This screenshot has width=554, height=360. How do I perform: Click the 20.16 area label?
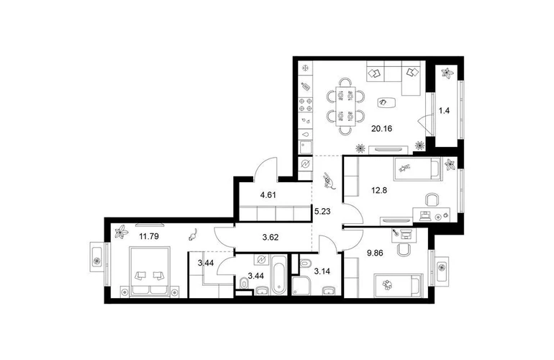click(381, 128)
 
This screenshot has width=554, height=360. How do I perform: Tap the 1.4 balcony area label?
click(444, 111)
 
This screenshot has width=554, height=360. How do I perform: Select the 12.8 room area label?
click(379, 190)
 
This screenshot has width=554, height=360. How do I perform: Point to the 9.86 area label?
click(375, 253)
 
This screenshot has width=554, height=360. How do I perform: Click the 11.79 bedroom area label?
click(149, 236)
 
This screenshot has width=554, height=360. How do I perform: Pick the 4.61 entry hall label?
click(268, 194)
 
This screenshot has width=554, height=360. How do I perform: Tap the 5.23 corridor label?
click(322, 212)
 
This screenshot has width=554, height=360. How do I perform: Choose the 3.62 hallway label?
click(271, 238)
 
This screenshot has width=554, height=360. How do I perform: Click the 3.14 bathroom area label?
click(322, 271)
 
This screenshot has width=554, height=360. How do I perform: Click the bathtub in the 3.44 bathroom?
click(278, 275)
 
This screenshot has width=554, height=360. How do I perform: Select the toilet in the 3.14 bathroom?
click(304, 264)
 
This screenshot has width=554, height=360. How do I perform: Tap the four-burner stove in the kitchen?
click(306, 104)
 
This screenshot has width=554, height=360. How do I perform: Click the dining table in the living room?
click(345, 106)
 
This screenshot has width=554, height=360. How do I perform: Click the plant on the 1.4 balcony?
click(448, 73)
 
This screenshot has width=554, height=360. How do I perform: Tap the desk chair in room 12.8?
click(432, 199)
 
